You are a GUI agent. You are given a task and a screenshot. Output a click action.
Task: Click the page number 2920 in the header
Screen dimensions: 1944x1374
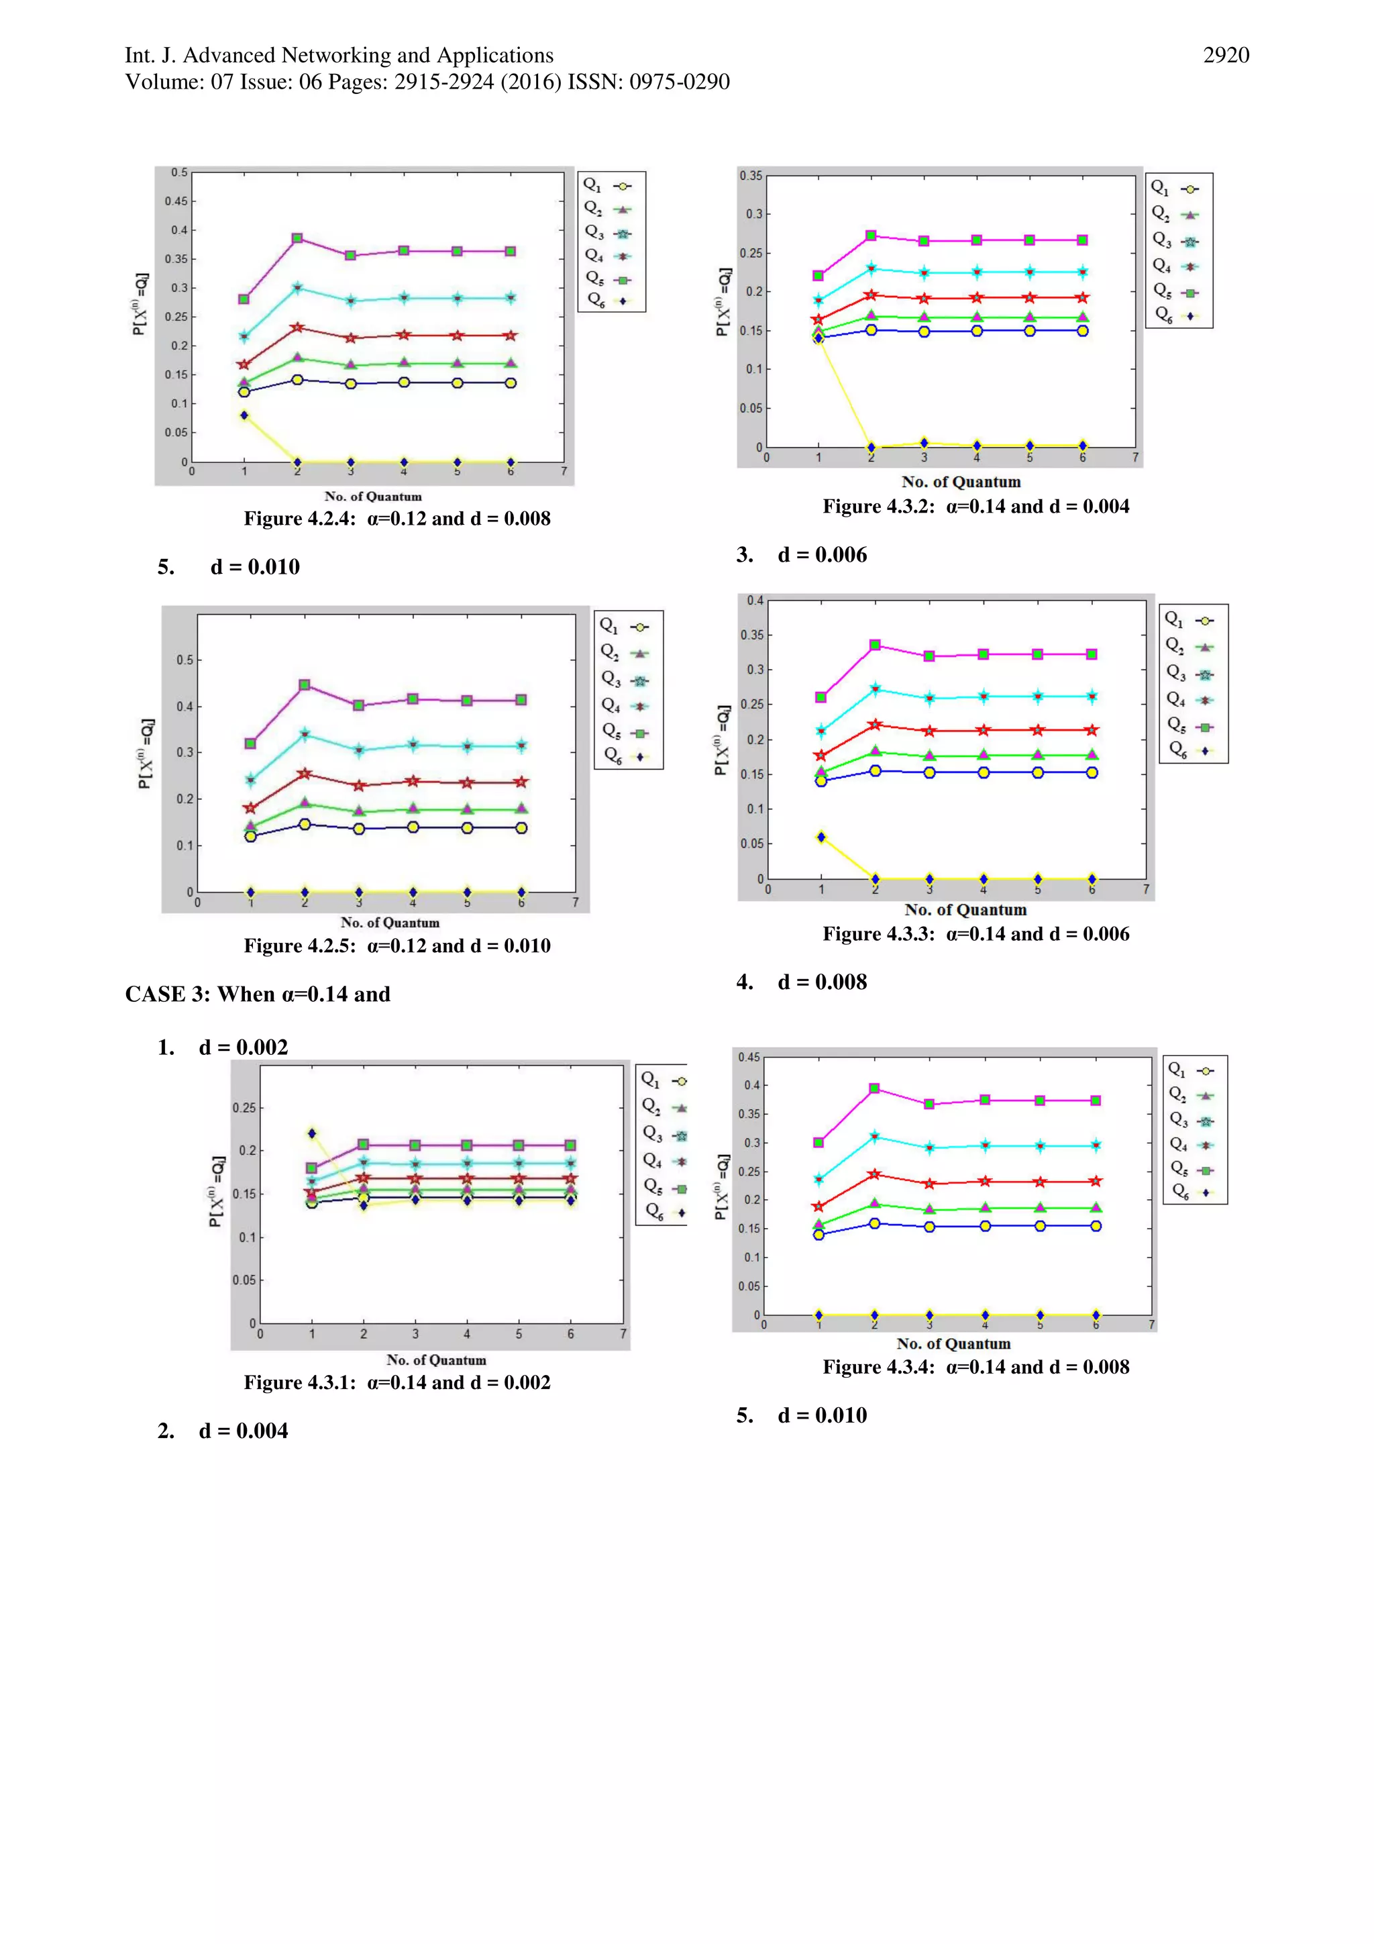[1225, 56]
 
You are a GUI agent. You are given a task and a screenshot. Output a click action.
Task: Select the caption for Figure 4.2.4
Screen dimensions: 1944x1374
[397, 518]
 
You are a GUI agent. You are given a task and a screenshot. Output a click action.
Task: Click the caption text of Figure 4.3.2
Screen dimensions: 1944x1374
[975, 507]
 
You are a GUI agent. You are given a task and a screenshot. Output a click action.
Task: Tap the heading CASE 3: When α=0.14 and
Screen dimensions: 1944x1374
[258, 994]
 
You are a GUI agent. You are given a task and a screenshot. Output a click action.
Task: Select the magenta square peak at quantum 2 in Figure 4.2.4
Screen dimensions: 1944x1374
[297, 239]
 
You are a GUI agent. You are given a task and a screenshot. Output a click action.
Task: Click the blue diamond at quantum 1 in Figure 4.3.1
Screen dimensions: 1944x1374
[311, 1133]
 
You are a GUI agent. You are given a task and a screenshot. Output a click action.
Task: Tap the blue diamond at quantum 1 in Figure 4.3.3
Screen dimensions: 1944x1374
[821, 837]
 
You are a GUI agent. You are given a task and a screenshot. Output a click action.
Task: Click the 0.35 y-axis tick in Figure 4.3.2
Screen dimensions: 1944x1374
[751, 176]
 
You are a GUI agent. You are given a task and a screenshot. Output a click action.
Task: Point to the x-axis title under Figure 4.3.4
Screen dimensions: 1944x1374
[953, 1343]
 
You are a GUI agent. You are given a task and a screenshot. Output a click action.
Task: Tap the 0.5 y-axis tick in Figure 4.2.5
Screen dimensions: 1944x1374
[184, 660]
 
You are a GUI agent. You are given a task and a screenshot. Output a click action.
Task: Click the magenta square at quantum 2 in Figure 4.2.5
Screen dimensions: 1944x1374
[305, 684]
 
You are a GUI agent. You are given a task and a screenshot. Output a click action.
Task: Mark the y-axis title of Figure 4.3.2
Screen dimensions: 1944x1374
[722, 303]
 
